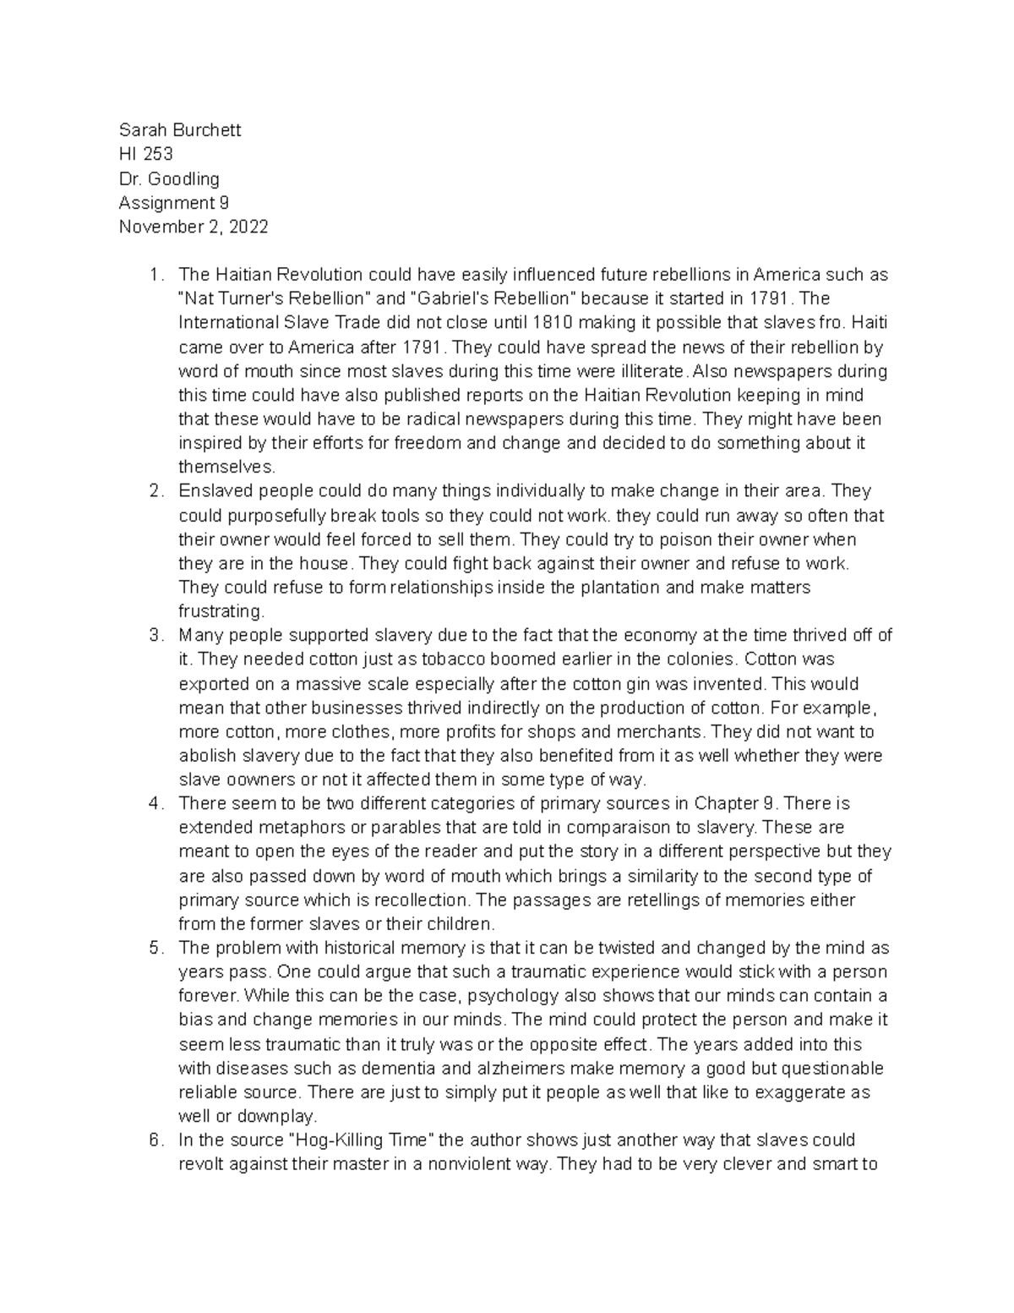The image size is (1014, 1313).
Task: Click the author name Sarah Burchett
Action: pyautogui.click(x=179, y=130)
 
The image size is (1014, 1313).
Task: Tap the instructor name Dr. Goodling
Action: pyautogui.click(x=169, y=178)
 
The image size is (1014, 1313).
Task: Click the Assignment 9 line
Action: pyautogui.click(x=173, y=203)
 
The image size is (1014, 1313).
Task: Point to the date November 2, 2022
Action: pyautogui.click(x=194, y=227)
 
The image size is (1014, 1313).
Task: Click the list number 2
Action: pyautogui.click(x=154, y=491)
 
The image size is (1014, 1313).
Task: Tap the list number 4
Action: pyautogui.click(x=154, y=803)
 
